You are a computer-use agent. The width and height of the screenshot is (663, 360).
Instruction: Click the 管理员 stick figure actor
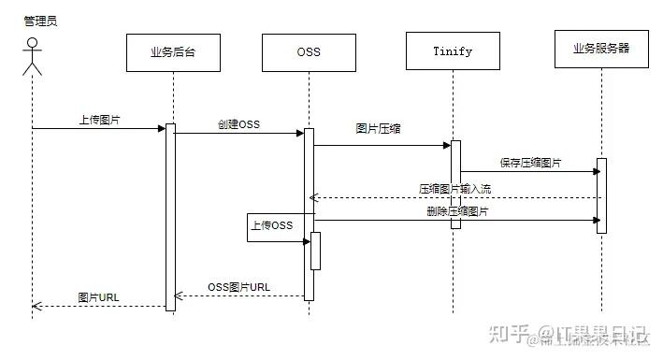pyautogui.click(x=33, y=55)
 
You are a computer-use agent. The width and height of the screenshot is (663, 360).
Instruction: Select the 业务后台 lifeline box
pyautogui.click(x=173, y=52)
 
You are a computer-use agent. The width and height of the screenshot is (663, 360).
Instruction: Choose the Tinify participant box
pyautogui.click(x=453, y=51)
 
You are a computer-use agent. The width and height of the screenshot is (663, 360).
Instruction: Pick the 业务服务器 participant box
pyautogui.click(x=600, y=50)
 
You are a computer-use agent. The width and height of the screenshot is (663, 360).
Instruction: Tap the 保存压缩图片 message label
pyautogui.click(x=531, y=163)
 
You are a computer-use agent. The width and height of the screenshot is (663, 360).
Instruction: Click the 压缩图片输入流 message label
pyautogui.click(x=454, y=188)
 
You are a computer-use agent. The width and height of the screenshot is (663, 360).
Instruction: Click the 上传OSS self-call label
pyautogui.click(x=271, y=225)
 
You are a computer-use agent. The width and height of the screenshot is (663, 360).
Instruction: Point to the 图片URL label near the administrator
pyautogui.click(x=99, y=297)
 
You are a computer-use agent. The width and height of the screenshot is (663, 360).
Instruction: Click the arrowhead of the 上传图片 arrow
pyautogui.click(x=163, y=128)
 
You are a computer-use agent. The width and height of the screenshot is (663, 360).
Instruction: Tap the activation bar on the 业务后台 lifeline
pyautogui.click(x=171, y=215)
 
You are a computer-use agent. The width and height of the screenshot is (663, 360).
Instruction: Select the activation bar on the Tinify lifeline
pyautogui.click(x=455, y=182)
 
